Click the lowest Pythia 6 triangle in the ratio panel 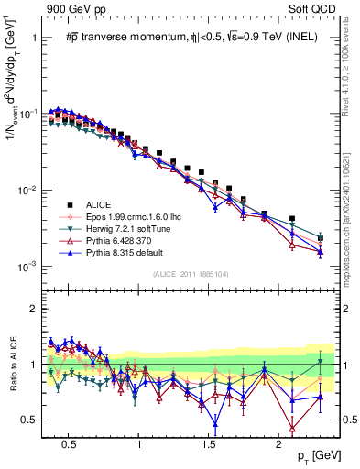tap(292, 428)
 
